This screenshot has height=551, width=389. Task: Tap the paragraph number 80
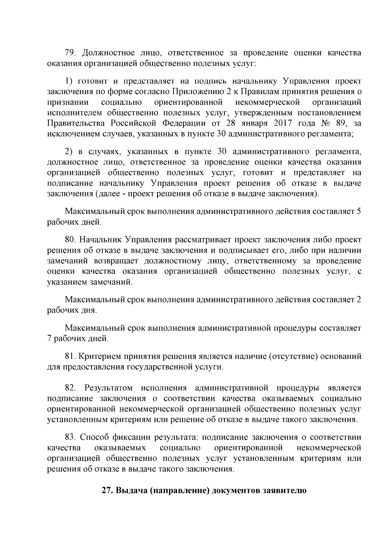(70, 240)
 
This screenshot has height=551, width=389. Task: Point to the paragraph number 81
(70, 356)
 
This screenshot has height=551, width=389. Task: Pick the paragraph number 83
(70, 437)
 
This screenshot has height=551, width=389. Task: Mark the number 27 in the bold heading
(107, 490)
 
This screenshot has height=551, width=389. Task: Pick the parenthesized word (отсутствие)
(293, 356)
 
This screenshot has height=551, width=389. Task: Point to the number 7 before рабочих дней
(49, 339)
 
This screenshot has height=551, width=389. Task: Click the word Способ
(94, 437)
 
